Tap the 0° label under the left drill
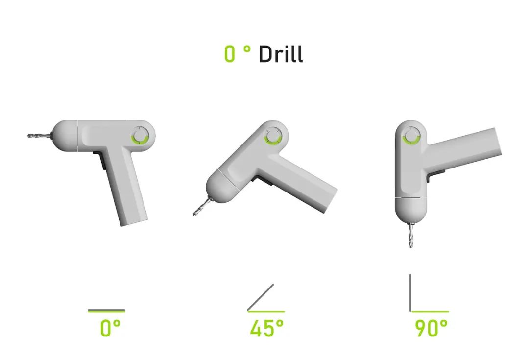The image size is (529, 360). click(x=110, y=328)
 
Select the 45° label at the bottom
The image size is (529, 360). click(x=266, y=328)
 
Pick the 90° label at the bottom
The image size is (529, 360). click(x=431, y=328)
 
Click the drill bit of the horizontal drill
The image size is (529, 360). click(x=40, y=135)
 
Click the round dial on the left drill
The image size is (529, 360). click(x=140, y=136)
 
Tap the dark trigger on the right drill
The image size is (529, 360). click(x=436, y=173)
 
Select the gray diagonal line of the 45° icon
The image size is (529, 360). click(x=261, y=297)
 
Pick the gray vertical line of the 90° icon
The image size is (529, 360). click(x=410, y=292)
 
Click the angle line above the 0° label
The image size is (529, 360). click(x=106, y=310)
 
